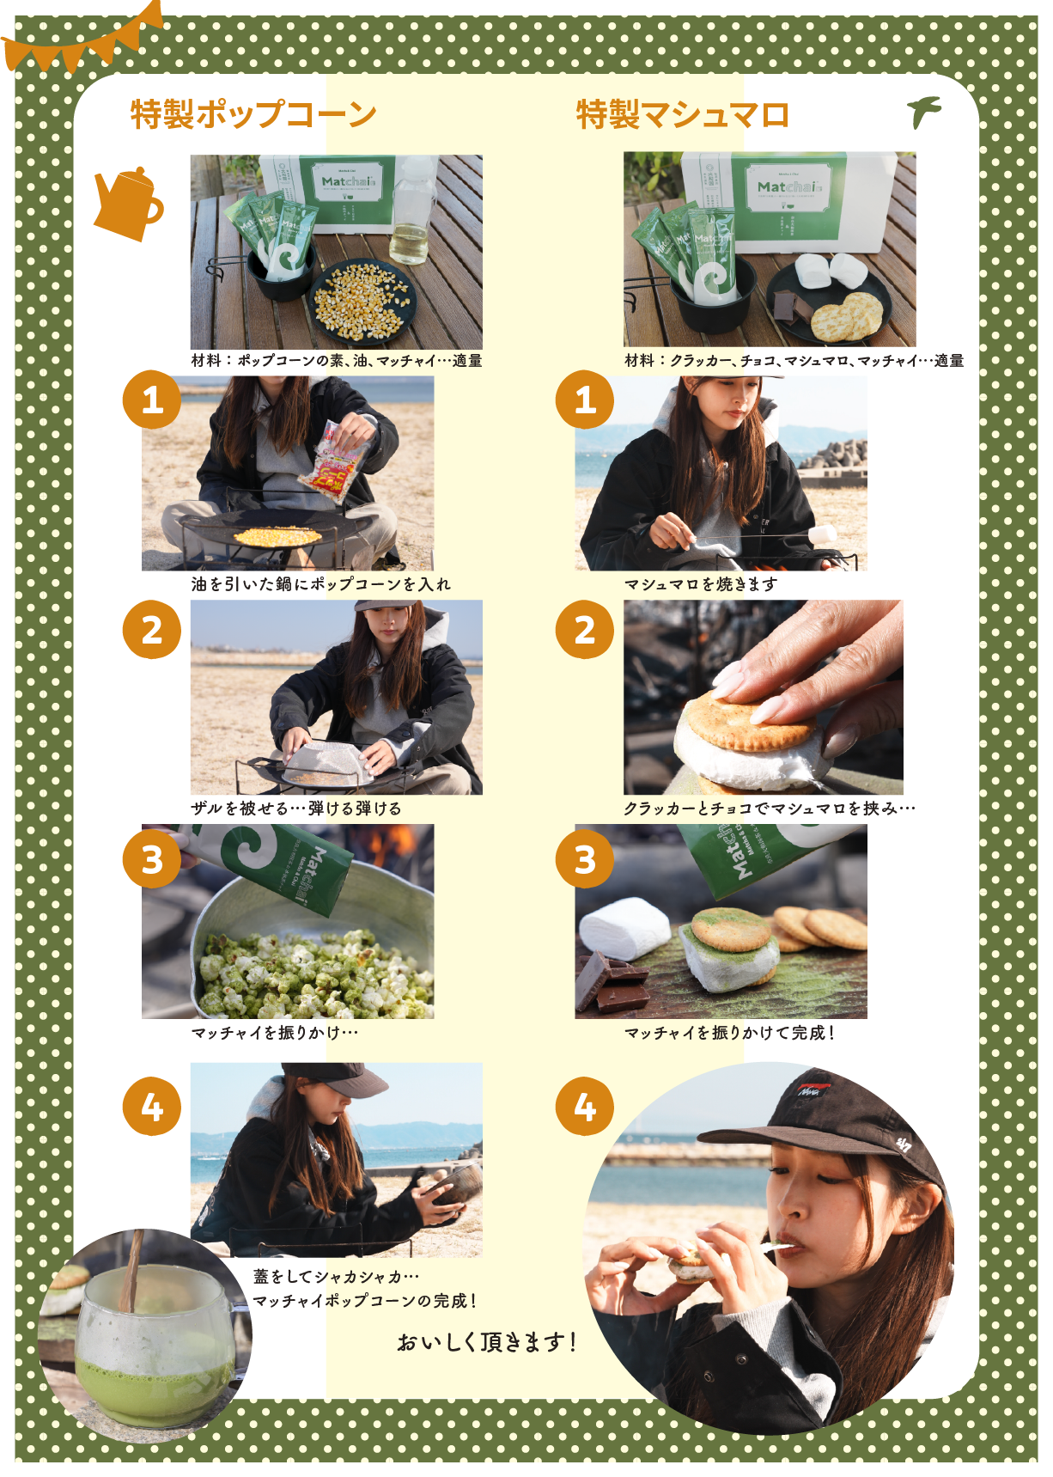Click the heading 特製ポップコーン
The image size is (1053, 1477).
[253, 114]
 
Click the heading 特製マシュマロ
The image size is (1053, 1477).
[683, 114]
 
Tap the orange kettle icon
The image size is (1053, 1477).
[128, 204]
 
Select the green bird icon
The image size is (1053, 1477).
[925, 112]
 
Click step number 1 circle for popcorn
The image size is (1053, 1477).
[152, 400]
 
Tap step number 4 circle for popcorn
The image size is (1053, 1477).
[152, 1107]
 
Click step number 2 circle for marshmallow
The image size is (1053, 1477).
[585, 630]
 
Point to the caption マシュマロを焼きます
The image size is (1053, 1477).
[701, 584]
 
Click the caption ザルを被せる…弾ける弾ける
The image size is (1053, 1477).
[296, 809]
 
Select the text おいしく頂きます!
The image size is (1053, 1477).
[486, 1341]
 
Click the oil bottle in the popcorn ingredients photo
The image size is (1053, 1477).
[414, 211]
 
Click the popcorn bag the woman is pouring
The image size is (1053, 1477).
[332, 461]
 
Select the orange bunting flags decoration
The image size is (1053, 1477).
[82, 39]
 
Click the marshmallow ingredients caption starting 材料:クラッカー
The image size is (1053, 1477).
[794, 361]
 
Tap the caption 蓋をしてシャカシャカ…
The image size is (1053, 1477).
[336, 1278]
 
